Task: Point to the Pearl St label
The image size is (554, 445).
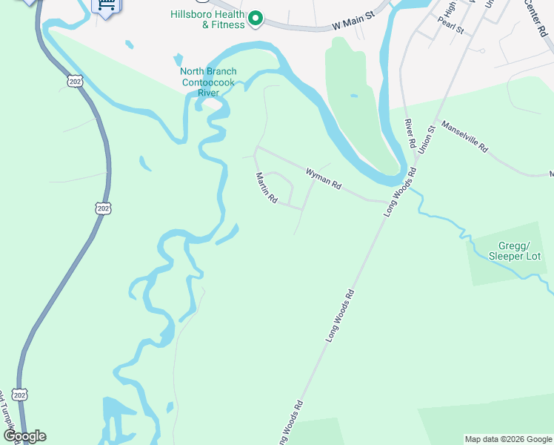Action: [450, 27]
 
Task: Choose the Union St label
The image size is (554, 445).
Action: [426, 137]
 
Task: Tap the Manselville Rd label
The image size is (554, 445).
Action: [464, 136]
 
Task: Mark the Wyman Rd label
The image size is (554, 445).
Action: [324, 179]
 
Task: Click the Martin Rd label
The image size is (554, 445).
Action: [266, 188]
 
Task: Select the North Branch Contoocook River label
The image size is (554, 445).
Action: [208, 82]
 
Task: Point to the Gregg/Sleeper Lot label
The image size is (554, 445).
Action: [515, 251]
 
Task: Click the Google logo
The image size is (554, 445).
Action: [24, 436]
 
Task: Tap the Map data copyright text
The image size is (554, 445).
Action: [509, 439]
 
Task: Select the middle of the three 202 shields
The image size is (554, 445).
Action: [102, 208]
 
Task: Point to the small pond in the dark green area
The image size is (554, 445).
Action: [354, 96]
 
